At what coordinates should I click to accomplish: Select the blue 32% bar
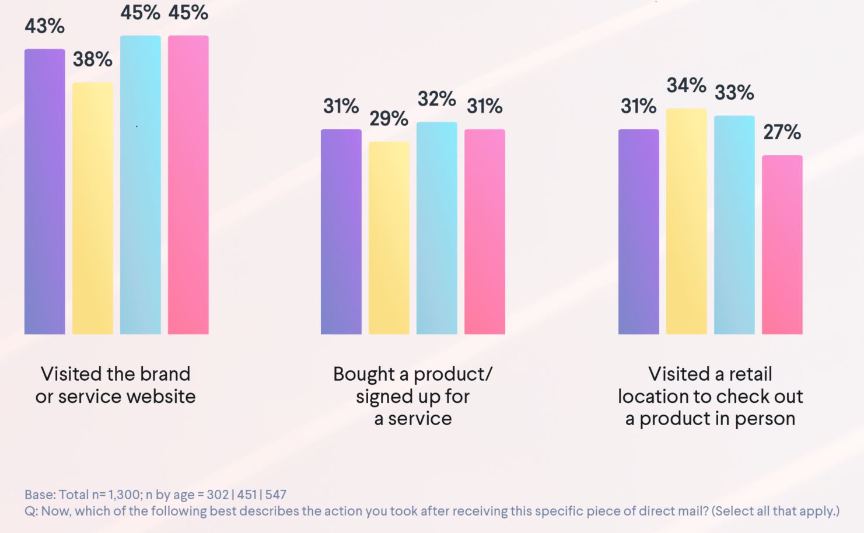pyautogui.click(x=436, y=228)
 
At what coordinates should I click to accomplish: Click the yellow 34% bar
pyautogui.click(x=686, y=221)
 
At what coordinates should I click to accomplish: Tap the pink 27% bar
pyautogui.click(x=782, y=245)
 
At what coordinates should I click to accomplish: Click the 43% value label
pyautogui.click(x=44, y=26)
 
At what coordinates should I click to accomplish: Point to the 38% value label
pyautogui.click(x=92, y=59)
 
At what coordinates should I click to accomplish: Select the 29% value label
pyautogui.click(x=389, y=119)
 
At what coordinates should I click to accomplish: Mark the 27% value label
pyautogui.click(x=782, y=132)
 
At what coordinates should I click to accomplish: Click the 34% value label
pyautogui.click(x=686, y=86)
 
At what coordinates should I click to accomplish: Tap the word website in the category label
pyautogui.click(x=160, y=397)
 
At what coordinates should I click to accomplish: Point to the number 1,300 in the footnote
pyautogui.click(x=124, y=495)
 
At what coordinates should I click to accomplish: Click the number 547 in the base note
pyautogui.click(x=275, y=495)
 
